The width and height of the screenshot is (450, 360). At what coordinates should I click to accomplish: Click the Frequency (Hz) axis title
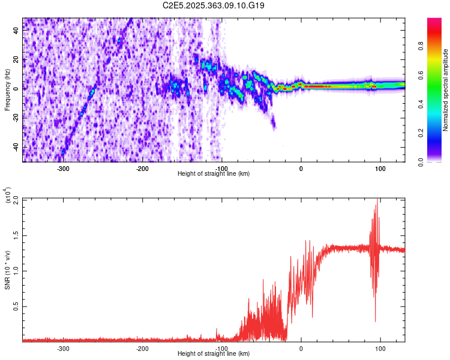(8, 90)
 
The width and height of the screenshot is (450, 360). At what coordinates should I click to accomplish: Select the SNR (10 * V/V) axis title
(8, 269)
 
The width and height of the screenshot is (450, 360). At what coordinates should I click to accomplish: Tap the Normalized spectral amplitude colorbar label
(446, 90)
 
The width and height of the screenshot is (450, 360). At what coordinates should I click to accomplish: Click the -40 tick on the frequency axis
(15, 147)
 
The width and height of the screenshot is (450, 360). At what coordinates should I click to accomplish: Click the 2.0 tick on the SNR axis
(15, 199)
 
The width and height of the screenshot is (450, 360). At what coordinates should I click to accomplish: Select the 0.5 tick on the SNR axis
(15, 306)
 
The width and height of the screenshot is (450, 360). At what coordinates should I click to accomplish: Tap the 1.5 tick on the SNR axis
(15, 235)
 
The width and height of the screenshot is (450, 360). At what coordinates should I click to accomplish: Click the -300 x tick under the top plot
(64, 169)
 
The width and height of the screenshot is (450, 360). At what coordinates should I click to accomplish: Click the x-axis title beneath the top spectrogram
(214, 174)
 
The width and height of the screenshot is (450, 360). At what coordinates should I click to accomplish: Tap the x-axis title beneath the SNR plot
(214, 354)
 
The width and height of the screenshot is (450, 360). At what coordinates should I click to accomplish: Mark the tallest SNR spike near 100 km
(377, 200)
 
